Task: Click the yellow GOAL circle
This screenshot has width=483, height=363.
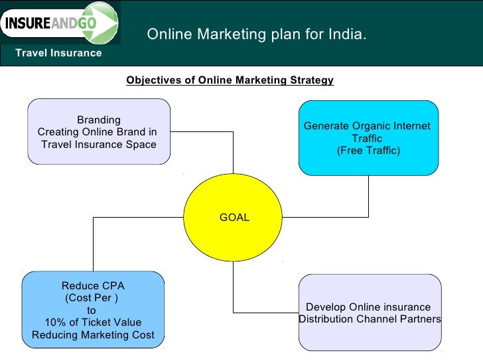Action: tap(234, 217)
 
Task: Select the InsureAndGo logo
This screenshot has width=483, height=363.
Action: tap(60, 24)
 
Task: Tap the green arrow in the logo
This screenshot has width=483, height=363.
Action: tap(105, 25)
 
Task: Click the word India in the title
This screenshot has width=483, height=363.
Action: tap(346, 35)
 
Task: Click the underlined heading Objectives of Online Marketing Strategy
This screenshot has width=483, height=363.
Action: tap(230, 80)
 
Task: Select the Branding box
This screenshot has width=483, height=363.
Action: tap(99, 131)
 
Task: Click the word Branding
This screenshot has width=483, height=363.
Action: tap(99, 120)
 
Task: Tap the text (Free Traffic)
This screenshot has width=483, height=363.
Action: tap(368, 151)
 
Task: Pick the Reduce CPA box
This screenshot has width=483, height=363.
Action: tap(93, 310)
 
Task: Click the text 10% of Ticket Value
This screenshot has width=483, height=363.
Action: tap(93, 323)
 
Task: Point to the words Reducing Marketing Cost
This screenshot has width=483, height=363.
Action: tap(93, 335)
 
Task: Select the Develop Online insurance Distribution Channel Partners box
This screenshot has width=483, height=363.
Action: tap(370, 313)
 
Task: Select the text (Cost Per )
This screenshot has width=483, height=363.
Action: tap(92, 297)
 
